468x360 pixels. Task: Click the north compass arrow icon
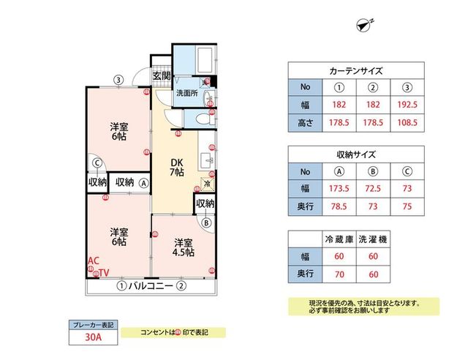pos(364,26)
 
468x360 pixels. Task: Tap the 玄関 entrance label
pos(162,75)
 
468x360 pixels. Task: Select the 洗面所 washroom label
pos(186,94)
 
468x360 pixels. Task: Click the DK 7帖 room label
pos(178,167)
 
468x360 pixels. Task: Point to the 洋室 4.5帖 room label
pos(183,247)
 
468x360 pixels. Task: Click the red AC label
pos(93,260)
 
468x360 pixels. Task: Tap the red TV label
pos(104,273)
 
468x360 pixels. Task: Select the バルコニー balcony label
pos(150,286)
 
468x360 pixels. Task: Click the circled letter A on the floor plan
pos(144,183)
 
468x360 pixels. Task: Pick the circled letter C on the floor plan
pos(97,163)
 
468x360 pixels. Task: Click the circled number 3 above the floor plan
pos(117,80)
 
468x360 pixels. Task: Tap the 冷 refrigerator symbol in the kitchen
pos(207,184)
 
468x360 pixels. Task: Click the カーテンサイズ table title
pos(356,72)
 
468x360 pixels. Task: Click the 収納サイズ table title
pos(356,156)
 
